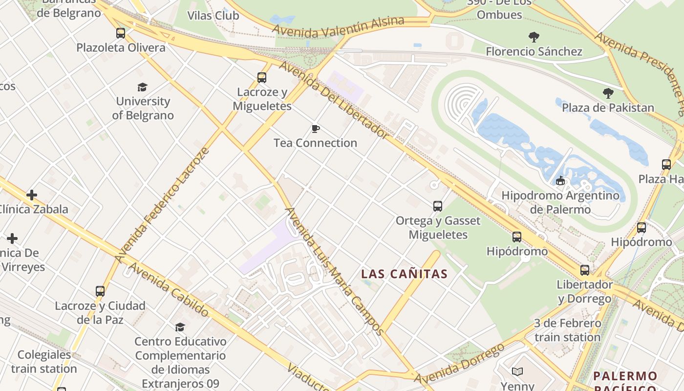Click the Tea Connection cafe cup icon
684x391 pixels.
click(x=316, y=129)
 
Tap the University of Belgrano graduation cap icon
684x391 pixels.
click(x=142, y=87)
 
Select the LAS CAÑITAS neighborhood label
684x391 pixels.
click(x=404, y=274)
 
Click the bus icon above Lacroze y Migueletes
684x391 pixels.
click(x=262, y=78)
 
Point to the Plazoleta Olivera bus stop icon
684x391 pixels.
click(x=121, y=33)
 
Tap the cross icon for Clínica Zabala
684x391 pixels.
click(x=32, y=195)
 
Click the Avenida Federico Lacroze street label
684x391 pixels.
click(x=163, y=204)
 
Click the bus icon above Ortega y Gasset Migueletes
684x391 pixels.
click(x=438, y=206)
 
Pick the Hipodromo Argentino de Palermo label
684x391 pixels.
click(x=560, y=202)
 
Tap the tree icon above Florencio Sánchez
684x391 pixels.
click(x=534, y=37)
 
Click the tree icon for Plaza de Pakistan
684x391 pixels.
click(x=608, y=93)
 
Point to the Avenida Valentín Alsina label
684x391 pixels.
click(x=338, y=27)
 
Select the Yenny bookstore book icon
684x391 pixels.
click(x=517, y=372)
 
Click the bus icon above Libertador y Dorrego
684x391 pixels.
click(x=585, y=270)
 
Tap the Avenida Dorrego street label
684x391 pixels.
click(x=459, y=364)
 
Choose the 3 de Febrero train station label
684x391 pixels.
click(x=567, y=330)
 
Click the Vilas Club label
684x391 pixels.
click(x=214, y=16)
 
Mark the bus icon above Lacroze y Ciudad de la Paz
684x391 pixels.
click(x=100, y=291)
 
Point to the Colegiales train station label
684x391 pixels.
click(x=44, y=361)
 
